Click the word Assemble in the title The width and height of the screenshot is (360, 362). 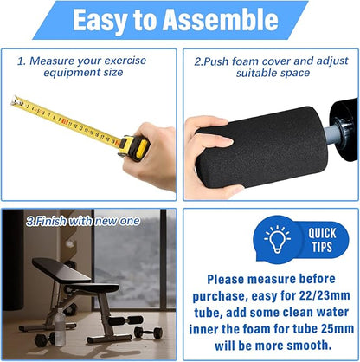point(221,20)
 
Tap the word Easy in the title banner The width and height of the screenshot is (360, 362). point(100,21)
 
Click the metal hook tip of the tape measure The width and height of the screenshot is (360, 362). point(15,101)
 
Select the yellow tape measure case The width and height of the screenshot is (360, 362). point(134,147)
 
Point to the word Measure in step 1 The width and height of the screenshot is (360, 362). point(52,61)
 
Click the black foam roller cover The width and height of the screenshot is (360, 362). point(261,147)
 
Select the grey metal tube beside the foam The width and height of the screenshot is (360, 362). point(331,133)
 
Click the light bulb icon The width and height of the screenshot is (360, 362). point(277,239)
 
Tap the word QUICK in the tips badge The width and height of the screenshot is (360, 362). point(322,233)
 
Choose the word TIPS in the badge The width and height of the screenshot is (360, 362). point(322,247)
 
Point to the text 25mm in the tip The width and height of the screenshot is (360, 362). point(337,329)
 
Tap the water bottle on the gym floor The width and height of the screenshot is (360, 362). point(60,327)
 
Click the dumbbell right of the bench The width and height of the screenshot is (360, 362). point(149,332)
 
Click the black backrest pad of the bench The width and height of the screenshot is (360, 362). point(61,270)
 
